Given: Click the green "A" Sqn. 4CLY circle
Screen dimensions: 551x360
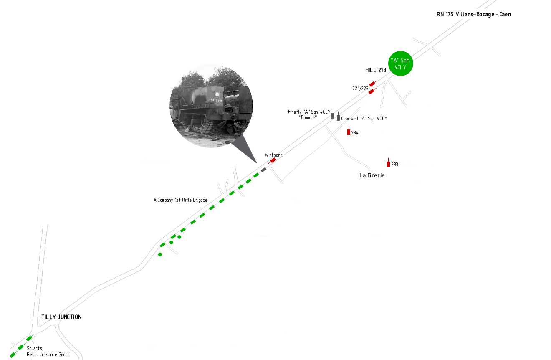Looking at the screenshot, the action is click(400, 63).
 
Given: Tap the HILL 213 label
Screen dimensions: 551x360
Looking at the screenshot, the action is click(376, 71).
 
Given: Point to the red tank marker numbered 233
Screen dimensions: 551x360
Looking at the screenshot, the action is click(388, 163).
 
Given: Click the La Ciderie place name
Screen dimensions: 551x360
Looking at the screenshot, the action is click(372, 175).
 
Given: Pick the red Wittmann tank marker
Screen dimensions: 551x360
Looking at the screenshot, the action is click(272, 161).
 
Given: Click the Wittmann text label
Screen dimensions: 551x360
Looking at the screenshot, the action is click(273, 155).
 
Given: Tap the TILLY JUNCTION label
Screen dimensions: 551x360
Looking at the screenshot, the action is click(61, 317).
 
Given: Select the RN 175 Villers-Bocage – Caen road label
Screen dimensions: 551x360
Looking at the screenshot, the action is click(474, 14).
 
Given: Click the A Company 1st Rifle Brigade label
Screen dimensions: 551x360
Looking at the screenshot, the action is click(180, 200).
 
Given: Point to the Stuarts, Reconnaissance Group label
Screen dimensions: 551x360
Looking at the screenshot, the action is click(48, 351).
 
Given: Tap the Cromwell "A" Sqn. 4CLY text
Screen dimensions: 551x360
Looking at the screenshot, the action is click(364, 119).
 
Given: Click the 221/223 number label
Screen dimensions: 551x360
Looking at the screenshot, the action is click(360, 89).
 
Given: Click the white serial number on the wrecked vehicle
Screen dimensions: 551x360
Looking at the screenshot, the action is click(216, 100).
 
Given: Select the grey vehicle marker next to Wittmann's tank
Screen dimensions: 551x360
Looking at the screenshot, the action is click(264, 170).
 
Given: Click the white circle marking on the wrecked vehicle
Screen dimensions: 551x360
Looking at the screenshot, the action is click(217, 94).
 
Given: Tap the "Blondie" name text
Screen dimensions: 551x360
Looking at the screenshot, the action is click(308, 117).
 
